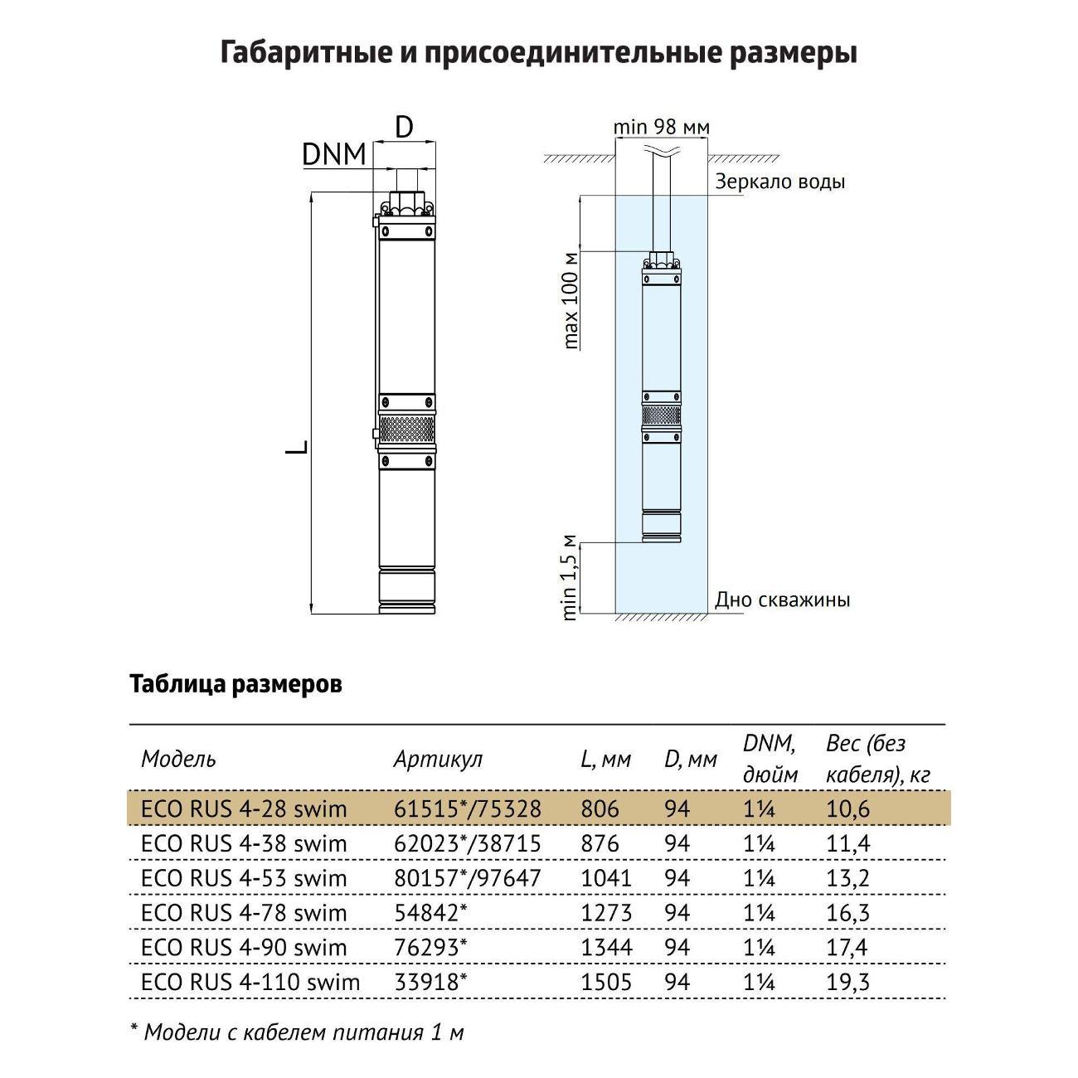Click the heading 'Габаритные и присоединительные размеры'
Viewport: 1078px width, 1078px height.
click(539, 53)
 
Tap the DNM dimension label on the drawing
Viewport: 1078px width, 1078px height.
click(334, 154)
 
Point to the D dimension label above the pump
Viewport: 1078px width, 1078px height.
click(404, 127)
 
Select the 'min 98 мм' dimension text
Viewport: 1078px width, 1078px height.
click(661, 127)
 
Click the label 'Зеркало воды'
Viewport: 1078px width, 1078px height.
click(779, 182)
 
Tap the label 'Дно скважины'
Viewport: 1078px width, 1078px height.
click(782, 600)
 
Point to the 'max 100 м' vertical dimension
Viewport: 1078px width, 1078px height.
click(571, 299)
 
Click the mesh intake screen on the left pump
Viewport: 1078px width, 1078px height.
click(406, 430)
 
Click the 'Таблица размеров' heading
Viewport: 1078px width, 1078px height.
click(236, 685)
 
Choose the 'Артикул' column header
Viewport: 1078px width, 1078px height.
click(437, 759)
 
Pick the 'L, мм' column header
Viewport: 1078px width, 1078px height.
click(605, 759)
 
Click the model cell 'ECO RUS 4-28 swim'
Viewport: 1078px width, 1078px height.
click(244, 808)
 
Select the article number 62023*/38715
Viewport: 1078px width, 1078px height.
click(467, 843)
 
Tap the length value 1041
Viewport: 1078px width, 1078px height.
click(606, 878)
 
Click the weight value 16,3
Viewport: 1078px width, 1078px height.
click(847, 913)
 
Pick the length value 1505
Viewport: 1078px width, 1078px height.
click(606, 983)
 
